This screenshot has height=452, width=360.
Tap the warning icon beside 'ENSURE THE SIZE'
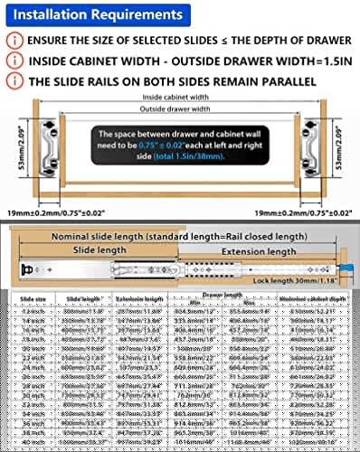[x=13, y=41]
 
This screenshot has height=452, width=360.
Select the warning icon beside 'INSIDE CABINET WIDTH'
[x=13, y=61]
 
